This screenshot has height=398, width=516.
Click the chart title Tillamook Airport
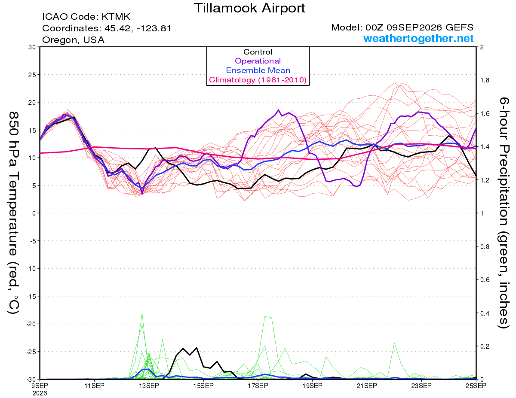pyautogui.click(x=249, y=8)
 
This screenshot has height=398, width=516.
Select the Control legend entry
pyautogui.click(x=258, y=52)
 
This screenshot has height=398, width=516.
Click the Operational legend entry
pyautogui.click(x=258, y=61)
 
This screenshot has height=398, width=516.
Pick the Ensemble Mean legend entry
pyautogui.click(x=258, y=70)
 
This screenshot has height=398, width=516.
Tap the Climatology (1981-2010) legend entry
pyautogui.click(x=258, y=80)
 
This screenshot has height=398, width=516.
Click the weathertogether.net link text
pyautogui.click(x=418, y=38)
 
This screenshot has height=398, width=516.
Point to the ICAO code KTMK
pyautogui.click(x=116, y=17)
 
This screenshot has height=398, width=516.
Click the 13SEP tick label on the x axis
pyautogui.click(x=149, y=386)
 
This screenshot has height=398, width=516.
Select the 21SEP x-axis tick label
pyautogui.click(x=367, y=386)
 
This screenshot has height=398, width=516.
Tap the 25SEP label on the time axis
pyautogui.click(x=476, y=386)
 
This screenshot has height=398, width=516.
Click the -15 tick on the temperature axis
pyautogui.click(x=31, y=296)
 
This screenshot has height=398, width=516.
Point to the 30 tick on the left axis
pyautogui.click(x=32, y=47)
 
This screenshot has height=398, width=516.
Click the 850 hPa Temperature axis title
pyautogui.click(x=13, y=213)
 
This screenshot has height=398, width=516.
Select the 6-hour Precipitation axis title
pyautogui.click(x=504, y=213)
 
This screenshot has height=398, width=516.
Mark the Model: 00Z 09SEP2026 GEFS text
pyautogui.click(x=402, y=27)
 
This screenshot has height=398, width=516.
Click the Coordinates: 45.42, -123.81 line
pyautogui.click(x=107, y=28)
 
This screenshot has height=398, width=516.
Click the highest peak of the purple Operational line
pyautogui.click(x=278, y=110)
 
